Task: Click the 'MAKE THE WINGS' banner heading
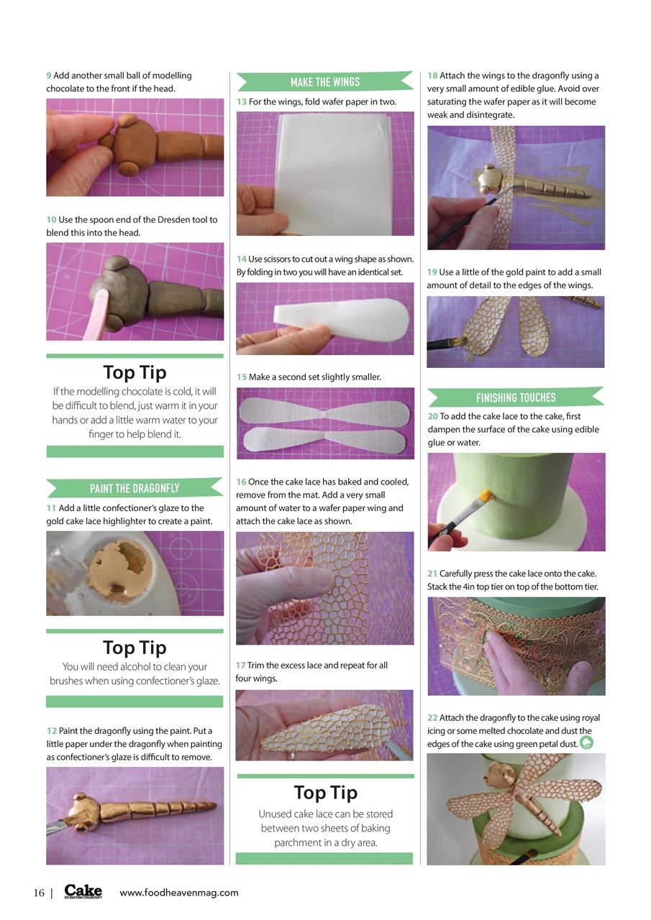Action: coord(324,82)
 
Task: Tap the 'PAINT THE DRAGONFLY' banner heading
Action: coord(135,489)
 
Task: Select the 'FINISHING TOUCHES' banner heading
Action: coord(516,397)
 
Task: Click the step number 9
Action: coord(49,75)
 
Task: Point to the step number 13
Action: coord(242,102)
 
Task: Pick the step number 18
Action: coord(432,75)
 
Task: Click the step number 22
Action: coord(432,718)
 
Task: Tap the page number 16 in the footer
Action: coord(39,893)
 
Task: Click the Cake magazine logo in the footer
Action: coord(83,892)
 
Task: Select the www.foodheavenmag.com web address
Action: coord(178,893)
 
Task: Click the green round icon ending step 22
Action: coord(587,743)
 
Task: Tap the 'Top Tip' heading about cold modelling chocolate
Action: coord(135,372)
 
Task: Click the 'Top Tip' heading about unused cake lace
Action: coord(325,793)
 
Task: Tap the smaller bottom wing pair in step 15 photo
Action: coord(325,440)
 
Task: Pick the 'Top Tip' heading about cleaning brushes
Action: coord(135,648)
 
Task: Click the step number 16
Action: coord(241,482)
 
